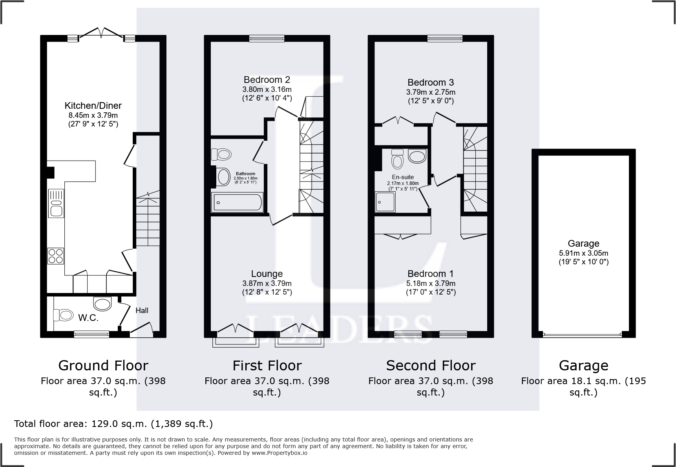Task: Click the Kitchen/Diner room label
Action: click(x=93, y=106)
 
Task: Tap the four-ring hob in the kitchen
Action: click(x=55, y=256)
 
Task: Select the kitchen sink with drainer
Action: click(x=56, y=203)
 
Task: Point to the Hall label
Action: click(x=142, y=310)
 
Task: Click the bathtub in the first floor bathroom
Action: click(x=237, y=202)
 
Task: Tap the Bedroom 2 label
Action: click(x=267, y=80)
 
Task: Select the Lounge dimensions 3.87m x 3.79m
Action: click(x=267, y=283)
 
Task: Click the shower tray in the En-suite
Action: click(x=385, y=201)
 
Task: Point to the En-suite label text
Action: click(x=403, y=177)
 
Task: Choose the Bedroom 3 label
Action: click(x=431, y=82)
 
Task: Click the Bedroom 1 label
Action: click(x=431, y=274)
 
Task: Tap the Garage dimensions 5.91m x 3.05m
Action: click(x=583, y=253)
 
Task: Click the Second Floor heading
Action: click(x=431, y=366)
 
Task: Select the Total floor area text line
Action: click(x=113, y=424)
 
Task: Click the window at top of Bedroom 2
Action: click(x=267, y=38)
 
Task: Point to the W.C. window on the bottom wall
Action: click(x=91, y=334)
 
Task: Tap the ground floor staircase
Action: click(x=148, y=220)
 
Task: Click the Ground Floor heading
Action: click(x=103, y=366)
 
